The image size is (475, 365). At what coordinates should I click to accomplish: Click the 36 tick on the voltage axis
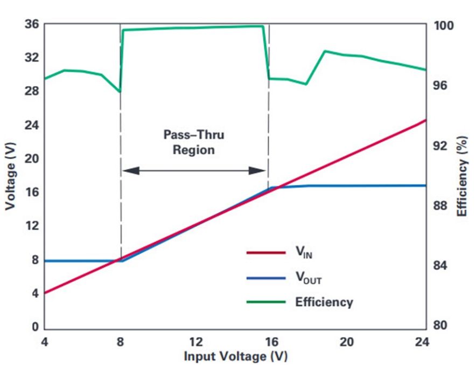pyautogui.click(x=32, y=24)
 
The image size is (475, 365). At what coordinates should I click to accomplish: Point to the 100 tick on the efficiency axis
pyautogui.click(x=444, y=26)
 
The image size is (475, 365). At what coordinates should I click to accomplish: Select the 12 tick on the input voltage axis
pyautogui.click(x=196, y=342)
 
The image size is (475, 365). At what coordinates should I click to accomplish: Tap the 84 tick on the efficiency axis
pyautogui.click(x=440, y=266)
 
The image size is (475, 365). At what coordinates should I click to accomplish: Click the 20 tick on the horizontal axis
pyautogui.click(x=347, y=342)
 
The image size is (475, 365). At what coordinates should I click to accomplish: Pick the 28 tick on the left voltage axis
pyautogui.click(x=32, y=91)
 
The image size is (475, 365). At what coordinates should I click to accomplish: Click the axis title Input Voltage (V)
pyautogui.click(x=235, y=356)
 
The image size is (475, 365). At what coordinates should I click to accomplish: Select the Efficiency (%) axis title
pyautogui.click(x=462, y=176)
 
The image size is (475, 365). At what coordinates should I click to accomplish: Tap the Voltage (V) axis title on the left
pyautogui.click(x=10, y=176)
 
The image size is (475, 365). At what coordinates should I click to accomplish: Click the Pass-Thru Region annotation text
pyautogui.click(x=194, y=142)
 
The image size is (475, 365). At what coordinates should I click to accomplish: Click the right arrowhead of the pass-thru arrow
pyautogui.click(x=257, y=171)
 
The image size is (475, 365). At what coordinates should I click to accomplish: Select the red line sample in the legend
pyautogui.click(x=266, y=252)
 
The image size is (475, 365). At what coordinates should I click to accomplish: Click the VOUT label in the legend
pyautogui.click(x=309, y=277)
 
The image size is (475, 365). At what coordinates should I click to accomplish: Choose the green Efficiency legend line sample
pyautogui.click(x=266, y=302)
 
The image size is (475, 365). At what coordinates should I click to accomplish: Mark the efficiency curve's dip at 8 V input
pyautogui.click(x=120, y=92)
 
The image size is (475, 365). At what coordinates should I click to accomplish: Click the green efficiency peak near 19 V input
pyautogui.click(x=325, y=51)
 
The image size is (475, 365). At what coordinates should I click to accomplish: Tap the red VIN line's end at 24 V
pyautogui.click(x=426, y=120)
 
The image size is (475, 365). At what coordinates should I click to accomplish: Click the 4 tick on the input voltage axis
pyautogui.click(x=45, y=342)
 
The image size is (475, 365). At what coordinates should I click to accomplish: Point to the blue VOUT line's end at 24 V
pyautogui.click(x=426, y=185)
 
